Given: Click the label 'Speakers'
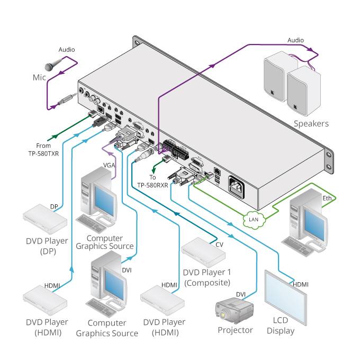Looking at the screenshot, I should point(311,124).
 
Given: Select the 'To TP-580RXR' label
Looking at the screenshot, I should point(152,181).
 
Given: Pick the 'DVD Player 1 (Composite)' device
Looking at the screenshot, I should point(204,253).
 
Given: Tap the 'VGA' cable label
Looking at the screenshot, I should point(109,165).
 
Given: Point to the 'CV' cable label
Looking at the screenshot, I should point(220,245).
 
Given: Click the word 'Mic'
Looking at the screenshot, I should point(39,77).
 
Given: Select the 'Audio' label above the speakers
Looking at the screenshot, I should point(295,40).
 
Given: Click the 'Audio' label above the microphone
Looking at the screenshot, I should point(66,50).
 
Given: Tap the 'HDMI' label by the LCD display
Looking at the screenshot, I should point(301,284).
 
